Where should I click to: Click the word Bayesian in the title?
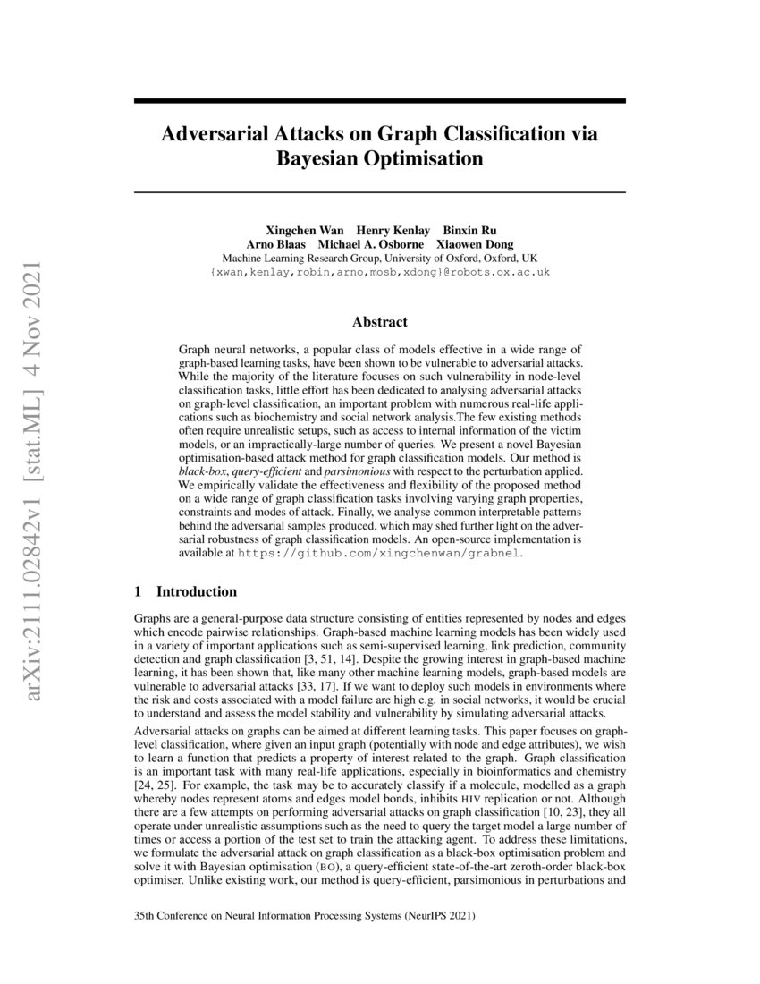click(x=325, y=160)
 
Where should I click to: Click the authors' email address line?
click(x=379, y=270)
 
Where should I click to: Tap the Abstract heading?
click(x=379, y=322)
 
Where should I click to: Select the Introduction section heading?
click(x=197, y=591)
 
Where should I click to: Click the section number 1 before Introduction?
click(x=138, y=591)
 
